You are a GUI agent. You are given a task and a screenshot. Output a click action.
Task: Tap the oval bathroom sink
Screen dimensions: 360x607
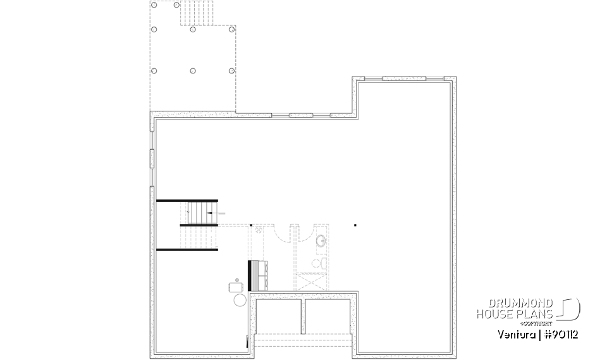pyautogui.click(x=322, y=241)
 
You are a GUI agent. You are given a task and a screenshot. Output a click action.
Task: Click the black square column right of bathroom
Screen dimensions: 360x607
pyautogui.click(x=355, y=225)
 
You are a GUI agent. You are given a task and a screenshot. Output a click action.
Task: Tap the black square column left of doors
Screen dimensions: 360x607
pyautogui.click(x=251, y=225)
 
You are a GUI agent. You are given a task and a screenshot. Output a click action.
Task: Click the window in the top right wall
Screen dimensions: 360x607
pyautogui.click(x=405, y=79)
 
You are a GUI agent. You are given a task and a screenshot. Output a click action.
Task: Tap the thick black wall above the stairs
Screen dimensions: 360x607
pyautogui.click(x=187, y=201)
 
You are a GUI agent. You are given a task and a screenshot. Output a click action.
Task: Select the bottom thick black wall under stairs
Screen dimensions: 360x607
pyautogui.click(x=187, y=250)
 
